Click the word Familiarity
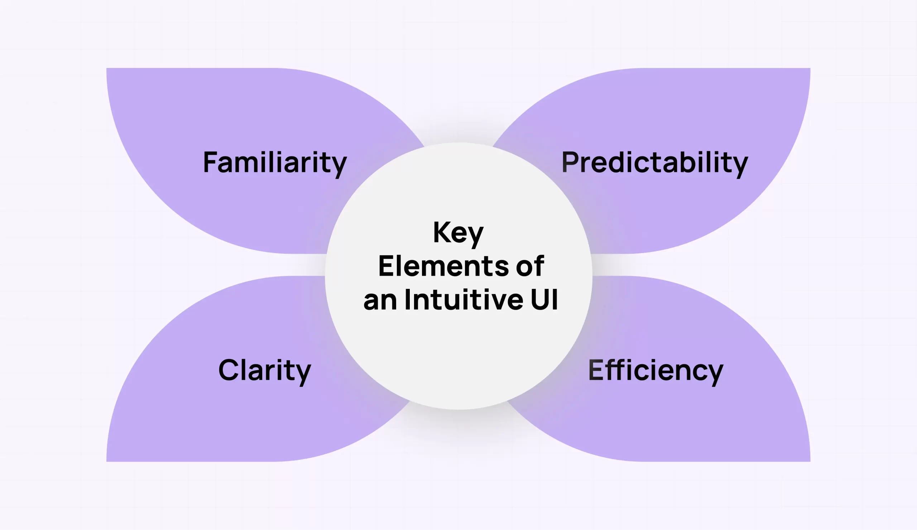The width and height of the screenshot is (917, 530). pyautogui.click(x=275, y=162)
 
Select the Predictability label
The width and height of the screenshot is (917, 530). pyautogui.click(x=655, y=162)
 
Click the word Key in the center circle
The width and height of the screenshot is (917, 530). pyautogui.click(x=458, y=233)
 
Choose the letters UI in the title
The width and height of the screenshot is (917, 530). pyautogui.click(x=544, y=300)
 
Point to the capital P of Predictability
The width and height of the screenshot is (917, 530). pyautogui.click(x=570, y=162)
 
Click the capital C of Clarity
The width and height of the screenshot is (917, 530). pyautogui.click(x=228, y=370)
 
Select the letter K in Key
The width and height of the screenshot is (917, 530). pyautogui.click(x=441, y=232)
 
